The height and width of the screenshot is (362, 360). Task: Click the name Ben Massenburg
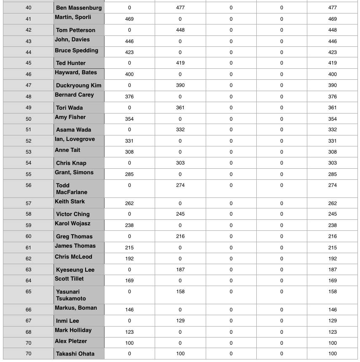[x=78, y=8]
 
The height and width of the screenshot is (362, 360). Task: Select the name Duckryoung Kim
[x=78, y=85]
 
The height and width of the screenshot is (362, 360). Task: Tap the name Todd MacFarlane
[x=72, y=189]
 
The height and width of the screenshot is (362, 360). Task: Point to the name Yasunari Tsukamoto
[x=71, y=295]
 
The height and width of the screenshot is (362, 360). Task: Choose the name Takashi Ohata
[x=75, y=354]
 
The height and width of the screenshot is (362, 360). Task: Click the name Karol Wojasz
[x=73, y=224]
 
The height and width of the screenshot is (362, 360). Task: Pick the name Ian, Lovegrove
[x=75, y=139]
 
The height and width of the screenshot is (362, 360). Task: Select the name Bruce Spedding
[x=76, y=51]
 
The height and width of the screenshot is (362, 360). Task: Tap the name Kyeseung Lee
[x=75, y=270]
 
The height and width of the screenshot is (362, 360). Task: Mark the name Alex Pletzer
[x=71, y=341]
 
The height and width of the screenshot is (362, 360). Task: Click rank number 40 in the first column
[x=28, y=8]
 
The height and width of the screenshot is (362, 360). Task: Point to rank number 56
[x=28, y=185]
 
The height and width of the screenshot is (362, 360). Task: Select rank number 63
[x=28, y=270]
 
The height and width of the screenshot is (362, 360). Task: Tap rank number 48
[x=28, y=97]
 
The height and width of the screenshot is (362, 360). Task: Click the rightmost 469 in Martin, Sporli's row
[x=332, y=19]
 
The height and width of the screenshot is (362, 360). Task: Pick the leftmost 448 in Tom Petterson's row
[x=180, y=30]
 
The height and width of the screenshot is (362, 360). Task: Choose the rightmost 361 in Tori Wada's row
[x=332, y=108]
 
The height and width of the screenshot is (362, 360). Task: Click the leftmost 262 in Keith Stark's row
[x=129, y=203]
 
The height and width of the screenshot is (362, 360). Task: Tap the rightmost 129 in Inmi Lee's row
[x=332, y=321]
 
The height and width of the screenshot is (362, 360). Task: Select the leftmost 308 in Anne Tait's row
[x=129, y=152]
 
